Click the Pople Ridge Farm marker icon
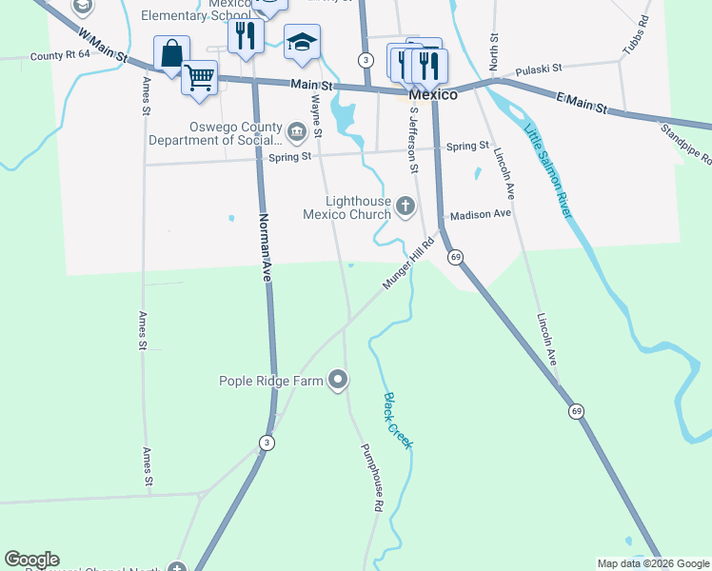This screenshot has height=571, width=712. (338, 381)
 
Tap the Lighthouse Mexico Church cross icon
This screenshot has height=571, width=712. (405, 206)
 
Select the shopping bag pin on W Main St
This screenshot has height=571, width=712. (171, 54)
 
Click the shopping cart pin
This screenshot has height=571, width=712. (199, 77)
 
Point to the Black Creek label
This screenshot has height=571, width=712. (398, 421)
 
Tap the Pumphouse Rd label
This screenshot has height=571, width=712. (370, 479)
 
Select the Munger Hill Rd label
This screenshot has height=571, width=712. (409, 269)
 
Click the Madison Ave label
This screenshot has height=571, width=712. (481, 214)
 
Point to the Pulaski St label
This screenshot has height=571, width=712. (540, 69)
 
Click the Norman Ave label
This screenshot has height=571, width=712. (266, 245)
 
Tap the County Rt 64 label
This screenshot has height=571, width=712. (59, 56)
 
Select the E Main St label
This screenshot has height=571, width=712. (581, 103)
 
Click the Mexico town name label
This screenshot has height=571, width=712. (433, 95)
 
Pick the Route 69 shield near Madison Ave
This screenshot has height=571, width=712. (456, 257)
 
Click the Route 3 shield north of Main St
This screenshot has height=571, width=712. (366, 59)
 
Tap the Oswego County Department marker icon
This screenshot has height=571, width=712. (298, 130)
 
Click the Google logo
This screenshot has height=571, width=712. (31, 560)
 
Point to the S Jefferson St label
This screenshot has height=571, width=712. (413, 139)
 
